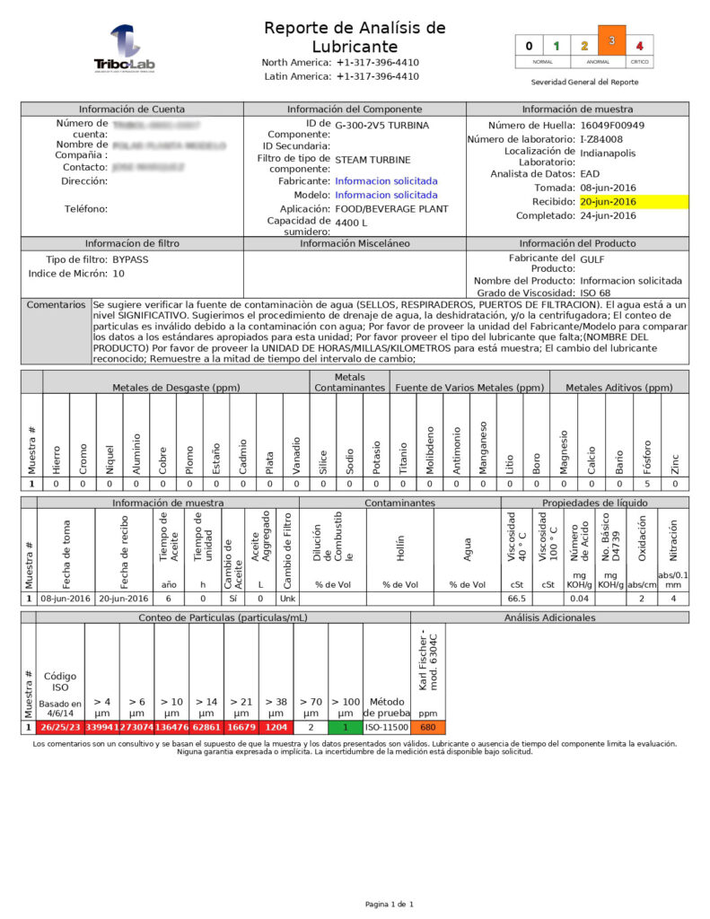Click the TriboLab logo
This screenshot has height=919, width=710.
(125, 49)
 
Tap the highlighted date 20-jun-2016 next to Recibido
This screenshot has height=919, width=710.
(608, 202)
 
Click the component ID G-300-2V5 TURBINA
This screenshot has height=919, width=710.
(381, 126)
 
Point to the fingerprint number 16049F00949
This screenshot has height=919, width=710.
(612, 126)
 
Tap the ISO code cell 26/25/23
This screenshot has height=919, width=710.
(60, 727)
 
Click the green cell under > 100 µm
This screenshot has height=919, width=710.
(346, 727)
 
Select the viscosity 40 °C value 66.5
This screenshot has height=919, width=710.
(516, 598)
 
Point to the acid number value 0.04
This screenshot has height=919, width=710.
(579, 598)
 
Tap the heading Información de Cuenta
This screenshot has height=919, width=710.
(132, 109)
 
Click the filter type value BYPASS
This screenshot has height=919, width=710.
(131, 259)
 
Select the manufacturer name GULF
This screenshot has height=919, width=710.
(592, 258)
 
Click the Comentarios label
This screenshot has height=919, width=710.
(56, 305)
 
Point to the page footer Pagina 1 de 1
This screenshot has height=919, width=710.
(389, 904)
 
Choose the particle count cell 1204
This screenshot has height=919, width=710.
(276, 727)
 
